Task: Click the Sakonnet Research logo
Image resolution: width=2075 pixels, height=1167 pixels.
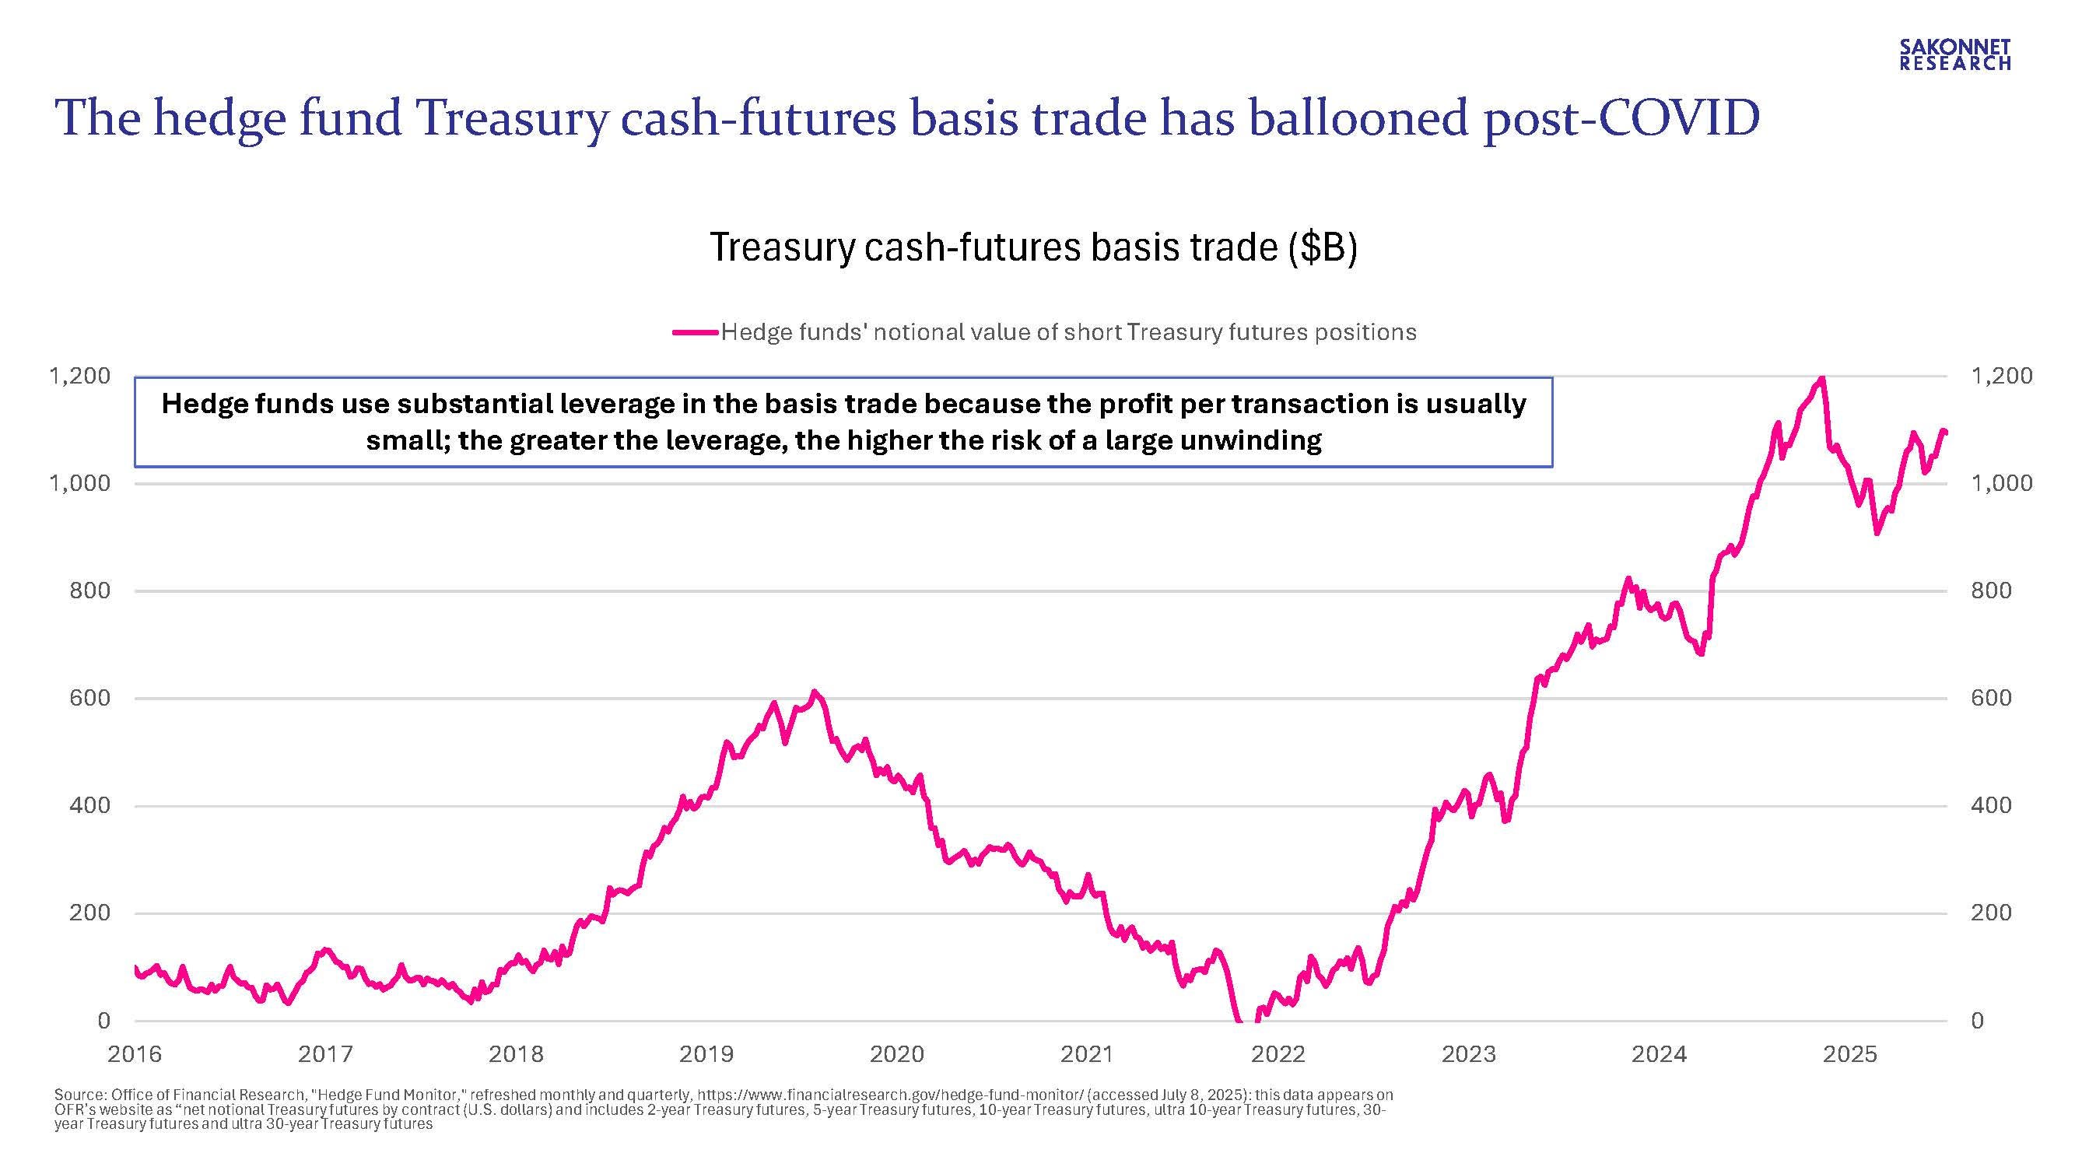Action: click(x=1955, y=54)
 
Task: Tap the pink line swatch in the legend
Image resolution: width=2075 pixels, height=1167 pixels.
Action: click(x=694, y=332)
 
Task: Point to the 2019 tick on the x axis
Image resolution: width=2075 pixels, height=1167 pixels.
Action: click(x=706, y=1053)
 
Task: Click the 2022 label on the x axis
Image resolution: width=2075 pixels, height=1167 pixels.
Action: click(x=1278, y=1053)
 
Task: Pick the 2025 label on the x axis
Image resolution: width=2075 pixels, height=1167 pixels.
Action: click(x=1849, y=1053)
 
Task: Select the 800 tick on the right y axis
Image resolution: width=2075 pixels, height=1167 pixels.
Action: click(x=1991, y=591)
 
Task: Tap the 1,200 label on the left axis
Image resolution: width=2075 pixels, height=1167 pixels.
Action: click(x=79, y=375)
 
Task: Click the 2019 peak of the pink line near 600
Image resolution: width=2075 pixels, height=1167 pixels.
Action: click(x=815, y=692)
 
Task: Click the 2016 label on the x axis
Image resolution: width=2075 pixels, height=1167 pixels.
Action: click(x=135, y=1053)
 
